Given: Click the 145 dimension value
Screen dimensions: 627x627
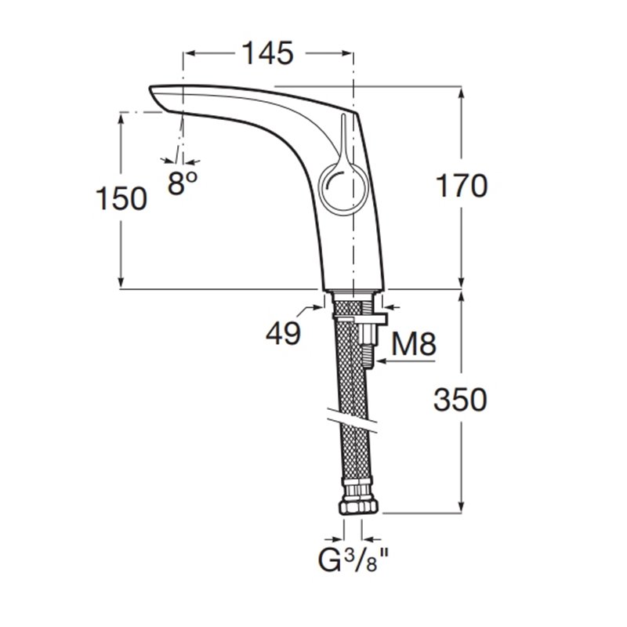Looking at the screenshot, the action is tap(268, 53).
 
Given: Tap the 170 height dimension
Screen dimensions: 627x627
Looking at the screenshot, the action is tap(461, 186).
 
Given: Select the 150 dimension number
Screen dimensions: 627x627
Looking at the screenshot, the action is tap(121, 199).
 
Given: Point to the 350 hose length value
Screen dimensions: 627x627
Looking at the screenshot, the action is tap(461, 400).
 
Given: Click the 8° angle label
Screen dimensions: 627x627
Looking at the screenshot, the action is tap(182, 183).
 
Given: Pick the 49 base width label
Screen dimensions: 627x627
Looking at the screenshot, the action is tap(283, 332).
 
